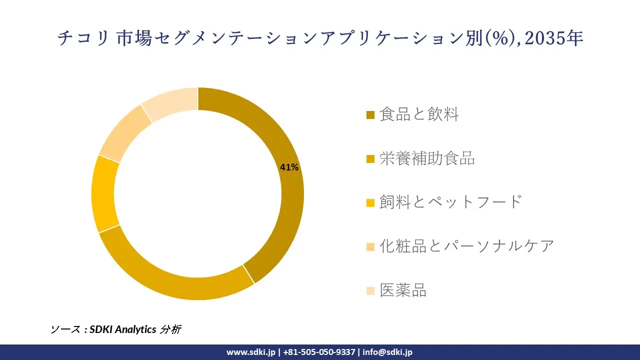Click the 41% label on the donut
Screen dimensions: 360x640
click(289, 167)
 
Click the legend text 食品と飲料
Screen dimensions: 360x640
click(419, 114)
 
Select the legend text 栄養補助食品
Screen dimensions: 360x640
click(427, 158)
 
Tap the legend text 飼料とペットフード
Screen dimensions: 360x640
click(450, 202)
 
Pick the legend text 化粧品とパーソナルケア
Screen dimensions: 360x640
click(466, 246)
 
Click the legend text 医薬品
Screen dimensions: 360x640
click(403, 290)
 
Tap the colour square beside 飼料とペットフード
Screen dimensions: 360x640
click(370, 203)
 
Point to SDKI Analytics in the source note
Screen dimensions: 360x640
click(123, 329)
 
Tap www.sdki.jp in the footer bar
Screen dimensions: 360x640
click(250, 352)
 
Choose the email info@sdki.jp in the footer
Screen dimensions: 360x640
click(387, 352)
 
